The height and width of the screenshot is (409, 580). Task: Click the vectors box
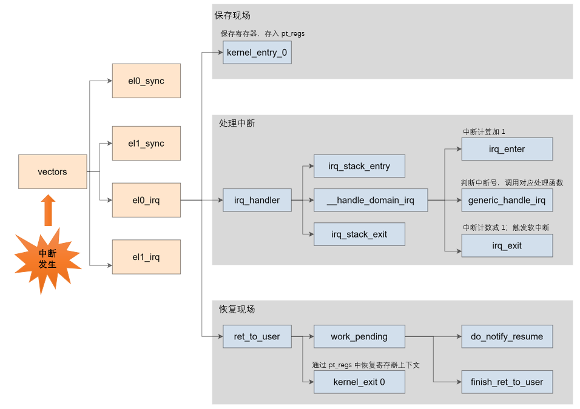(x=52, y=171)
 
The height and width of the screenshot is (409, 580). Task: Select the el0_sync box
(x=146, y=81)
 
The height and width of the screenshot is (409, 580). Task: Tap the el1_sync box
(x=146, y=144)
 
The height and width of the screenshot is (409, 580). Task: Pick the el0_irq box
(x=146, y=200)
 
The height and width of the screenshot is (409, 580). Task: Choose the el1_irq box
(x=146, y=257)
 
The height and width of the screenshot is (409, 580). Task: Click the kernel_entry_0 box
(x=257, y=53)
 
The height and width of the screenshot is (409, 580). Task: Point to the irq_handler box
(x=257, y=200)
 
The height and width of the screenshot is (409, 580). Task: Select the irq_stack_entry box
(x=359, y=166)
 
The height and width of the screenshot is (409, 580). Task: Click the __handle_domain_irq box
(x=370, y=200)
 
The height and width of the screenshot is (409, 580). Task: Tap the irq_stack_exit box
(x=359, y=234)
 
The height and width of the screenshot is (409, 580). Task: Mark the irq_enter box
(x=507, y=149)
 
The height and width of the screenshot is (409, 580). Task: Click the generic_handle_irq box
(x=507, y=200)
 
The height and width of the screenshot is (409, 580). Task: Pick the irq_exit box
(x=507, y=245)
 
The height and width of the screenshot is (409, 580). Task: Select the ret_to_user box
(x=257, y=336)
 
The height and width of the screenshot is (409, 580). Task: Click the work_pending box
(x=359, y=336)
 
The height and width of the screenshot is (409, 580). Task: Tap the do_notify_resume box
(x=507, y=336)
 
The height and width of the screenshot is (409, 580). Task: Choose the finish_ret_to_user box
(x=507, y=382)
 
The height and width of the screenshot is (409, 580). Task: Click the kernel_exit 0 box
(x=359, y=382)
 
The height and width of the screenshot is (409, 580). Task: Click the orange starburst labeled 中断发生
(x=47, y=259)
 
